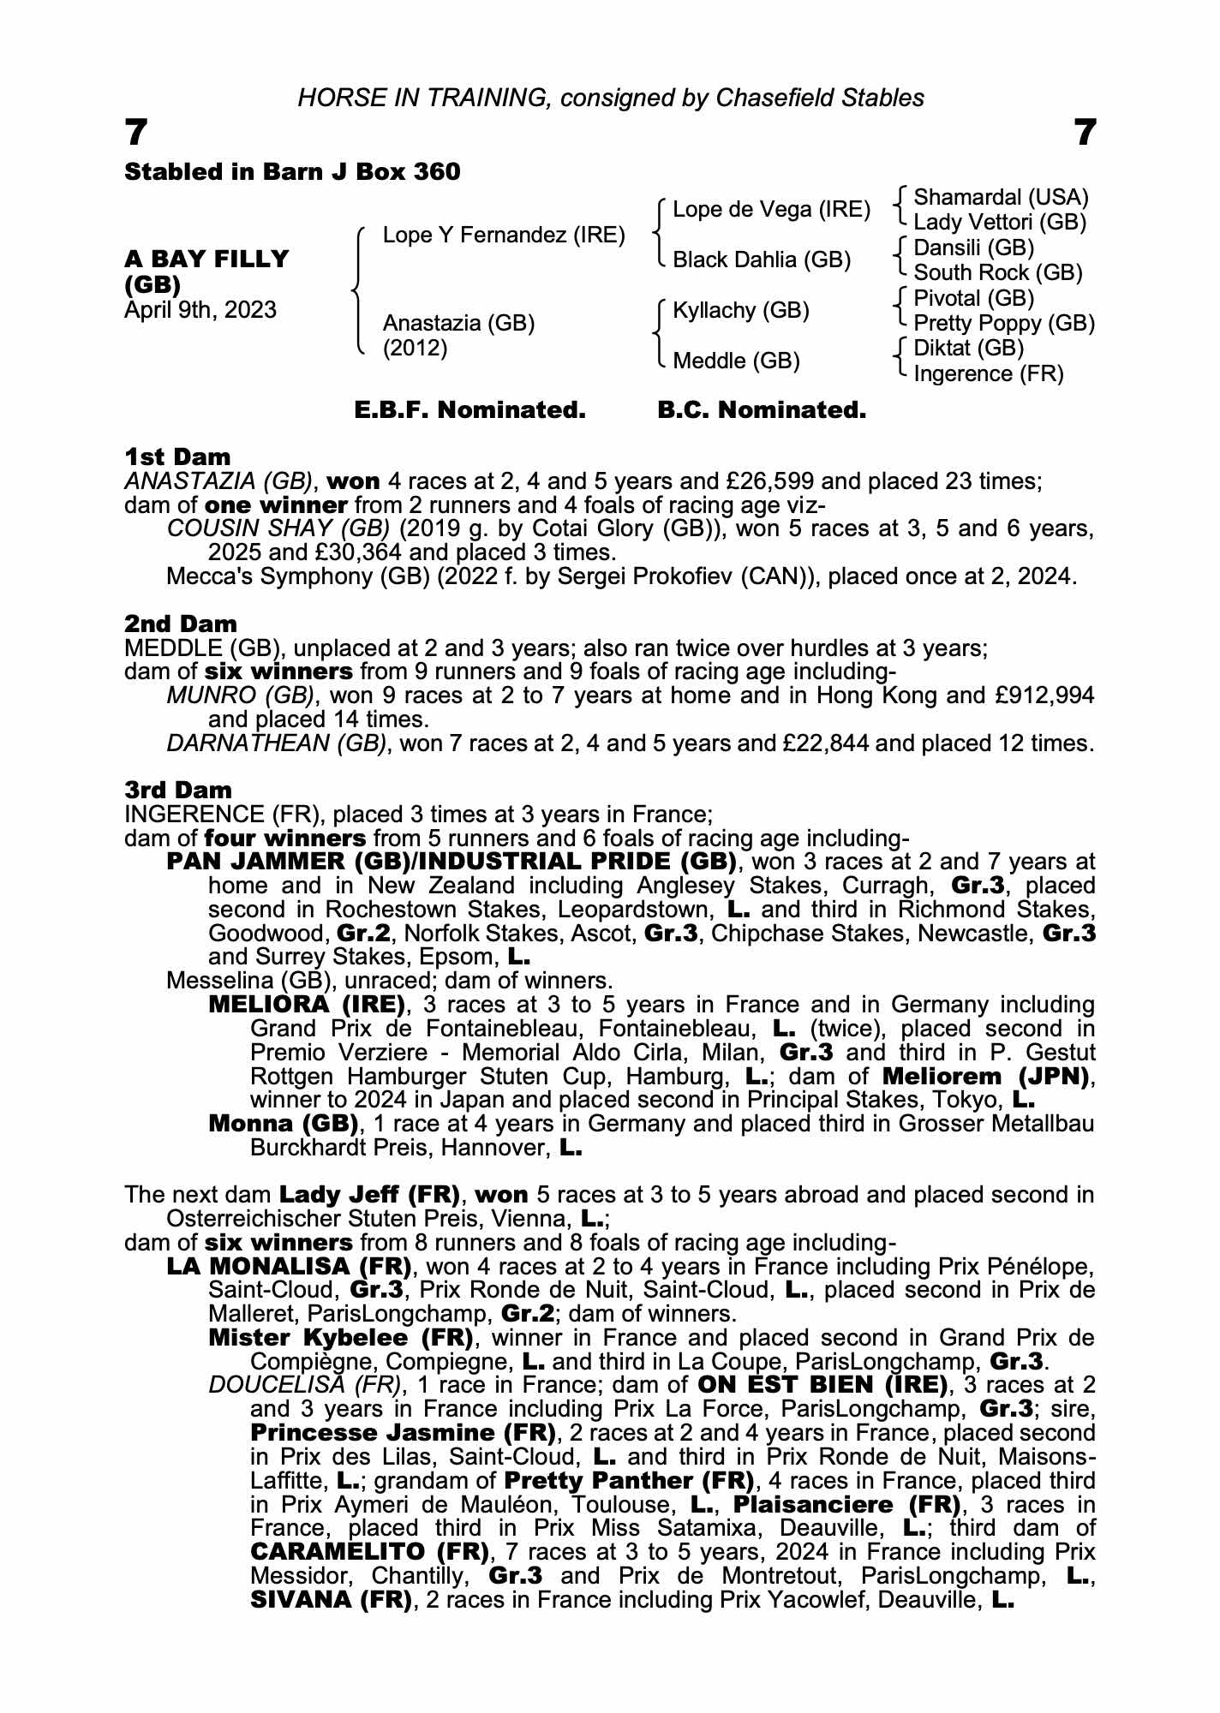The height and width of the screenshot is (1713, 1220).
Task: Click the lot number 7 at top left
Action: click(136, 134)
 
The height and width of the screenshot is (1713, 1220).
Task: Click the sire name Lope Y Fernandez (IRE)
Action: click(503, 235)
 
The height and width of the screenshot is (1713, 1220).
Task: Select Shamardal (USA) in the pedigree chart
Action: click(1001, 198)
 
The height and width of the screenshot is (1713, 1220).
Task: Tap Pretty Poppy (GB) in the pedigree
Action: click(1003, 323)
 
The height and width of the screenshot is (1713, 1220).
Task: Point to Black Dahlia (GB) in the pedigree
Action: click(761, 260)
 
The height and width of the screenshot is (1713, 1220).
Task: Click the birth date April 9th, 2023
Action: click(200, 309)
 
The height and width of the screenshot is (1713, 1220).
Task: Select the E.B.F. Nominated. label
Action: click(469, 410)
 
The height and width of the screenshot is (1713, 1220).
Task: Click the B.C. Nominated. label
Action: click(762, 410)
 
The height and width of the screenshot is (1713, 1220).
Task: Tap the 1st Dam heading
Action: click(177, 457)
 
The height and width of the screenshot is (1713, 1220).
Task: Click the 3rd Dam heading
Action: click(178, 790)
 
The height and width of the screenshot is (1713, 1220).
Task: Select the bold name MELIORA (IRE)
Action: click(307, 1004)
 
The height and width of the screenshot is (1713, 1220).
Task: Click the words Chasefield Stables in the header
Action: click(820, 98)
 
